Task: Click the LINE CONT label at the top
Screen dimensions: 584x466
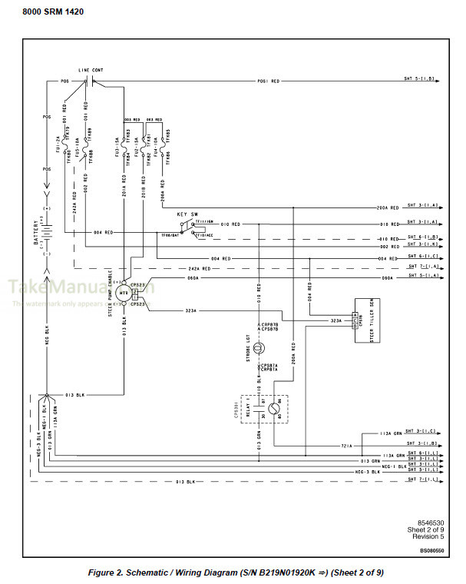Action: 91,70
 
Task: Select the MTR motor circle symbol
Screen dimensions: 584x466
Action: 124,293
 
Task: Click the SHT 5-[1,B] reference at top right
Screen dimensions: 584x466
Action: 421,79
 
